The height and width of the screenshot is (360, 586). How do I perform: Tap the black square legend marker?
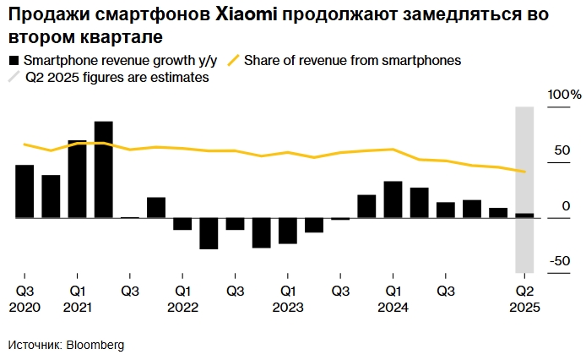coord(14,61)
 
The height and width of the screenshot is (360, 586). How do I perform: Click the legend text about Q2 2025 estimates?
coord(117,77)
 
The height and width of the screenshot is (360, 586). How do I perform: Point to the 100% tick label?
coord(565,94)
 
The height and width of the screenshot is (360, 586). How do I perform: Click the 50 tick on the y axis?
coord(561,150)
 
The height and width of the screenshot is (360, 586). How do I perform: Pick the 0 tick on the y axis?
coord(566,206)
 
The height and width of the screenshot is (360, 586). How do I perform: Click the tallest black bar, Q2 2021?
coord(104,170)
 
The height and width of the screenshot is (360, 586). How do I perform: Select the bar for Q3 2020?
coord(24,192)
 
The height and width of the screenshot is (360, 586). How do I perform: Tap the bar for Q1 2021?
coord(77,179)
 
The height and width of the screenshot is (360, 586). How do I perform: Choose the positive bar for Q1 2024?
coord(393,199)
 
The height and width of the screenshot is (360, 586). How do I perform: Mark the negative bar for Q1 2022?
coord(182,224)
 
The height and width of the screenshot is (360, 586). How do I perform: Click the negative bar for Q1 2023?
coord(288,231)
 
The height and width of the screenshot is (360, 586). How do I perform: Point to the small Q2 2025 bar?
coord(524,215)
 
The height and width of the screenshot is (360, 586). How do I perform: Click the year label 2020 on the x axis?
coord(24,308)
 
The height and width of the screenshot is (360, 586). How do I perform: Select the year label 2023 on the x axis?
coord(287,308)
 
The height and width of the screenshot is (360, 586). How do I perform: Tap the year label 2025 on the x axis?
coord(524,308)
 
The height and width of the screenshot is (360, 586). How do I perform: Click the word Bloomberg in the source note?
coord(95,346)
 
